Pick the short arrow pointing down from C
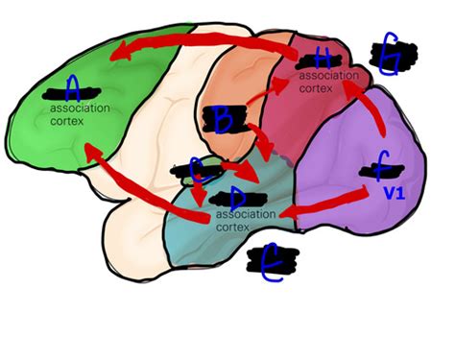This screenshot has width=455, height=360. pos(199,192)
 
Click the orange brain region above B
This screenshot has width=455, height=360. pos(240,72)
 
